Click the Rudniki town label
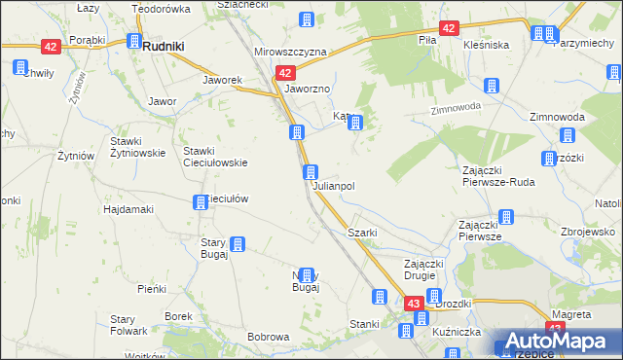(x=165, y=45)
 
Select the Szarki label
(x=363, y=234)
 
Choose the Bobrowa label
(x=269, y=337)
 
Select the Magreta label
(x=571, y=315)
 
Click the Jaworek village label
(x=221, y=80)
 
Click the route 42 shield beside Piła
(x=448, y=29)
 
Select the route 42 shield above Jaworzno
(x=284, y=72)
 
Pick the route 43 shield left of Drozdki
(x=414, y=305)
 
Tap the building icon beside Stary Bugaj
(x=238, y=244)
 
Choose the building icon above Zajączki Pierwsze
(x=506, y=217)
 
